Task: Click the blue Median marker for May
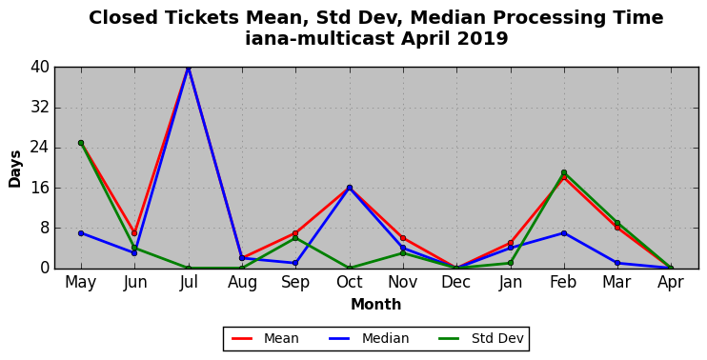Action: pos(81,233)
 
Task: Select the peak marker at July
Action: pos(189,68)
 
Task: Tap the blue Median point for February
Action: pos(564,233)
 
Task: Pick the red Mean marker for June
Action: pos(134,233)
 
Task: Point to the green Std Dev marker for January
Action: pos(511,263)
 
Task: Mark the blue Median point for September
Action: pos(295,263)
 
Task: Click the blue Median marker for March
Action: pos(617,263)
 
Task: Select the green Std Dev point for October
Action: pos(350,268)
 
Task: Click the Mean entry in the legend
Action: pos(265,338)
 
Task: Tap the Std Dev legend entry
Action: pos(481,338)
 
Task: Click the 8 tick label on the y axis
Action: pos(44,228)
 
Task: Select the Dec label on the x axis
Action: pos(456,283)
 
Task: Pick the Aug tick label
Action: pos(242,283)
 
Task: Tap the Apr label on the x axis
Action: pos(671,283)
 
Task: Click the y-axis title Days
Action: pos(15,169)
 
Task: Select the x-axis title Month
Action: pos(376,305)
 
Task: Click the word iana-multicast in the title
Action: pos(320,38)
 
